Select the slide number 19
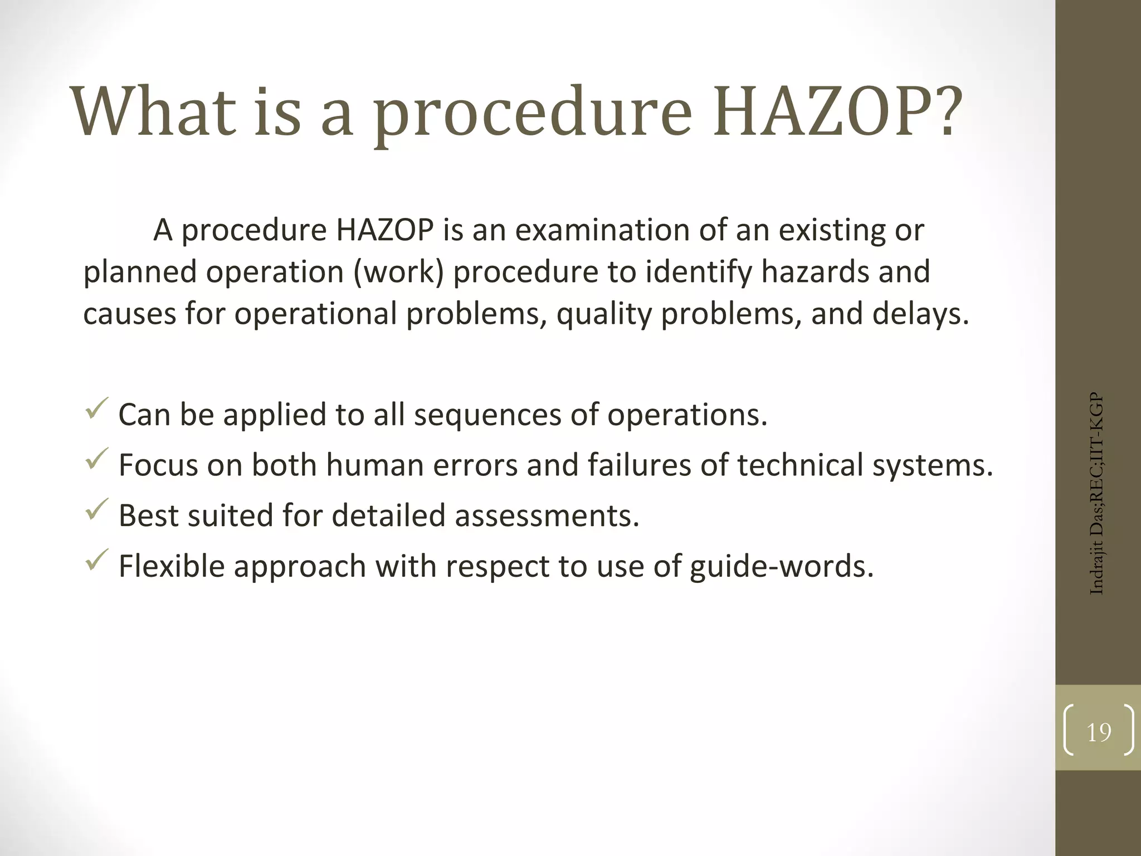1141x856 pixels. coord(1099,732)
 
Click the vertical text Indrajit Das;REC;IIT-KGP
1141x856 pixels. coord(1096,494)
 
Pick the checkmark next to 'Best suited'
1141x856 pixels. coord(97,509)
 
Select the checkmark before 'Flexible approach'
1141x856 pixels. coord(97,560)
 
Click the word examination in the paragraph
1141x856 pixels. coord(602,230)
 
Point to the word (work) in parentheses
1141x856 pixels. coord(398,272)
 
